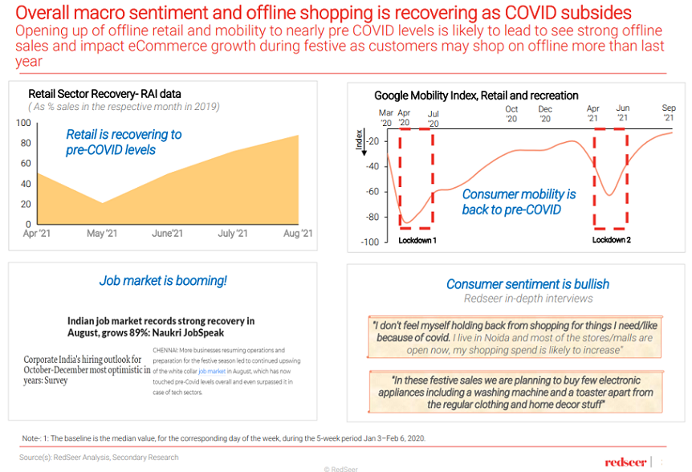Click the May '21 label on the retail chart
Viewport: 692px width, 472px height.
(x=102, y=234)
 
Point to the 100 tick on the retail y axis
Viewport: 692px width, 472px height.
(x=23, y=123)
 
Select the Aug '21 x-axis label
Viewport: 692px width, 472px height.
(x=297, y=234)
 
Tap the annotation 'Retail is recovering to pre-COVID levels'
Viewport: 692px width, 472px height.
(x=124, y=142)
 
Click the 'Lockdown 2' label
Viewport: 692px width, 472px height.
(x=611, y=240)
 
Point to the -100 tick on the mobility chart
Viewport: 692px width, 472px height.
(x=368, y=242)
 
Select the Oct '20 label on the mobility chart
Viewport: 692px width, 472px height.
(x=511, y=114)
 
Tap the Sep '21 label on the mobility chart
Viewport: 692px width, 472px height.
(x=668, y=113)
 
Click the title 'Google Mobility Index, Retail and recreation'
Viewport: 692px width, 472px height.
(x=476, y=96)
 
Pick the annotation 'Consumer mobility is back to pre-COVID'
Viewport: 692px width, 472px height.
(x=519, y=202)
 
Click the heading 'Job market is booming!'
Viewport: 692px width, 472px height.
(x=163, y=281)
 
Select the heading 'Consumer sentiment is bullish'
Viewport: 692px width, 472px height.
(x=527, y=284)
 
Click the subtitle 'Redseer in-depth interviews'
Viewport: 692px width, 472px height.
(x=527, y=299)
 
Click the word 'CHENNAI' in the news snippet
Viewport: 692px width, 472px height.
(x=166, y=351)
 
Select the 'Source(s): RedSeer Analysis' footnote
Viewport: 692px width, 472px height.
(x=100, y=457)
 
